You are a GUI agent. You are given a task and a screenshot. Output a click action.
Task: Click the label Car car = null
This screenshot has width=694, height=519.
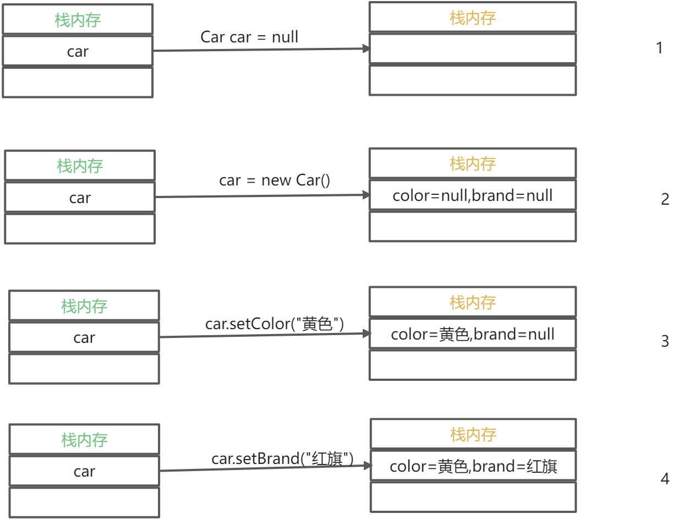point(249,37)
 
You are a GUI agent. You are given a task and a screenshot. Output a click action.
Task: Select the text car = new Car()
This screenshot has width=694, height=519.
point(274,180)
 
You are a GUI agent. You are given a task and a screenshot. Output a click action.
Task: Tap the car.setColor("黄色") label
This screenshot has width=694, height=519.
point(274,324)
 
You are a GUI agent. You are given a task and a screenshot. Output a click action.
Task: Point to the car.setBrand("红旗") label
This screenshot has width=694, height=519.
point(282,458)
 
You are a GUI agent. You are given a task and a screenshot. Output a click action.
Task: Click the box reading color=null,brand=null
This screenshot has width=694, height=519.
point(472,195)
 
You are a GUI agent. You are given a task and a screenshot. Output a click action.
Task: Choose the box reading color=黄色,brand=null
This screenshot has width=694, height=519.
point(472,334)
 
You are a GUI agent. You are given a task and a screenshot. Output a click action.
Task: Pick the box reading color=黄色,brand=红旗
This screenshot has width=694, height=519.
point(473,467)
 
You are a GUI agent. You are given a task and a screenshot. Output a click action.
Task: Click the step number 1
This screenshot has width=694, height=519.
point(659,48)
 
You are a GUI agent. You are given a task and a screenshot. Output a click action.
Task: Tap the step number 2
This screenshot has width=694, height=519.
point(665,199)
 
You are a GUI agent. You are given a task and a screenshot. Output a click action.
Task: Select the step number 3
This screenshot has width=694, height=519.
point(665,341)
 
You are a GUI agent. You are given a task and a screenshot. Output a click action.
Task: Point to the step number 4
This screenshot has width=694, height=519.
point(665,479)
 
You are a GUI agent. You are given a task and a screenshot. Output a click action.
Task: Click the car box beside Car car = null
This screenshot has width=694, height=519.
point(78,51)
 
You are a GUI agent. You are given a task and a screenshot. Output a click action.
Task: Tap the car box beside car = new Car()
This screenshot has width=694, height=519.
point(80,198)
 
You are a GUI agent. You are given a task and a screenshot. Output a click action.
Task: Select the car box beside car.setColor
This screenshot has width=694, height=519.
point(84,337)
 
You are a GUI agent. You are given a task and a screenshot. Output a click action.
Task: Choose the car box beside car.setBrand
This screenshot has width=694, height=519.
point(84,471)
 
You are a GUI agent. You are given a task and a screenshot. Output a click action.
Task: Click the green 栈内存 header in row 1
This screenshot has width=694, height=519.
point(78,20)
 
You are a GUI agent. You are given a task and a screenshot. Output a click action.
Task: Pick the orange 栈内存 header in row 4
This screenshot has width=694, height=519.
point(473,435)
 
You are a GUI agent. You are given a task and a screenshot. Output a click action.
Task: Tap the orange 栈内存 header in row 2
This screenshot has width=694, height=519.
point(473,163)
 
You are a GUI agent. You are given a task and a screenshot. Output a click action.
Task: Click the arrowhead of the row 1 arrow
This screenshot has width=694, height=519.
point(366,49)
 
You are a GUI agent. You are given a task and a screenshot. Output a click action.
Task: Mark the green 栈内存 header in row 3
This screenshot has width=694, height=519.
point(84,306)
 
